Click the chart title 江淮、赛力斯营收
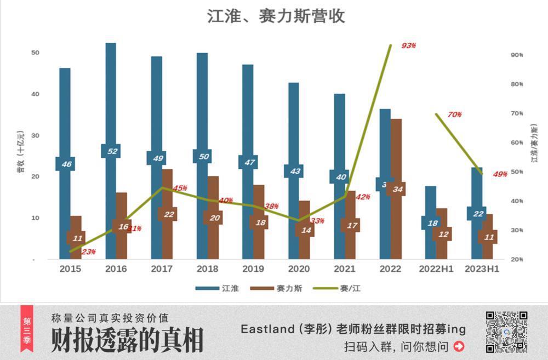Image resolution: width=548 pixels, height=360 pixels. pos(276,16)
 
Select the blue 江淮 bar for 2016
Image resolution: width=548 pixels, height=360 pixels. pos(111,99)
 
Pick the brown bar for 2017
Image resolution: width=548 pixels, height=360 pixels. pos(167,192)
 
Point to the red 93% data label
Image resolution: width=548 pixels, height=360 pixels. pos(408,46)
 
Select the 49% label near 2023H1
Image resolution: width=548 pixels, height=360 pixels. pos(500,174)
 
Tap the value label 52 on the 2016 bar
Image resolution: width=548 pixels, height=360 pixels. pos(112,151)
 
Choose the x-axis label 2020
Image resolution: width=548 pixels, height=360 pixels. pos(298,269)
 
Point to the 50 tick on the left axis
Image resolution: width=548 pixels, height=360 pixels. pos(35,53)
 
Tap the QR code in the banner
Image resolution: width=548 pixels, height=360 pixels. pos(506,332)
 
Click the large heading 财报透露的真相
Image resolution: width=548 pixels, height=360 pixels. pos(127,341)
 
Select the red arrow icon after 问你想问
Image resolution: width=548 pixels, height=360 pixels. pos(459,346)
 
